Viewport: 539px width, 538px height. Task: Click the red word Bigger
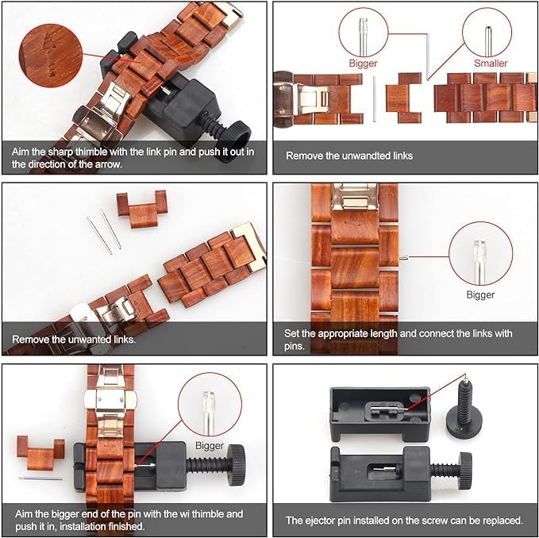pos(363,63)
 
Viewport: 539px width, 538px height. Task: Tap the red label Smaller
pos(491,63)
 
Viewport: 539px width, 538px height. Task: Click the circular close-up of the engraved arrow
pos(51,56)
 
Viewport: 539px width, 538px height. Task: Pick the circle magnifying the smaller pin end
pos(487,33)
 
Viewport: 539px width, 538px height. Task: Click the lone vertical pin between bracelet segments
pos(375,99)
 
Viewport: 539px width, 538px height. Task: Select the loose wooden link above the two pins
pos(141,209)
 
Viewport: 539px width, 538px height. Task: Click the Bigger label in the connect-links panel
pos(480,294)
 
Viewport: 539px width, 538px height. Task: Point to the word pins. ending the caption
pos(295,346)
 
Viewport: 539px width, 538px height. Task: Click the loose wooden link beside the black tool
pos(40,453)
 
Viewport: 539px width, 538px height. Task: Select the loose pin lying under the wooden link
pos(40,478)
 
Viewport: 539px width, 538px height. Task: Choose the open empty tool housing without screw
pos(380,413)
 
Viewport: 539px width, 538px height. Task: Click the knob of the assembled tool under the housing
pos(465,471)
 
